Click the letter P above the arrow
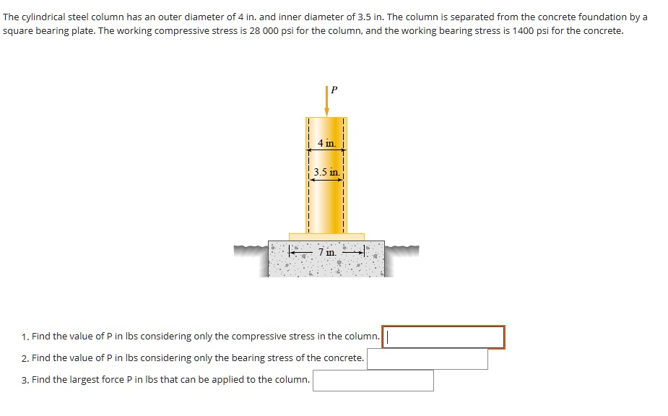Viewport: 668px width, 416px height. click(x=333, y=90)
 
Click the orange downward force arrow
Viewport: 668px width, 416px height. click(x=326, y=101)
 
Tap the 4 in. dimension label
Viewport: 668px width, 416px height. click(x=326, y=144)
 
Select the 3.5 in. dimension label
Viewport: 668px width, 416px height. click(x=326, y=173)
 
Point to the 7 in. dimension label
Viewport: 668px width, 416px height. click(x=326, y=252)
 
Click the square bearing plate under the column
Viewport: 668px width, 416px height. click(x=326, y=236)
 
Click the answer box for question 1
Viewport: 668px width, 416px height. click(x=443, y=337)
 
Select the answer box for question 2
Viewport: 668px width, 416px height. click(x=427, y=358)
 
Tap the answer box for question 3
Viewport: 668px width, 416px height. click(x=373, y=380)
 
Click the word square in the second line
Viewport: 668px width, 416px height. click(x=18, y=31)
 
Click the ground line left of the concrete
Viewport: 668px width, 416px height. click(x=251, y=250)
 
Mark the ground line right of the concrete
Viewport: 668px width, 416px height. click(x=402, y=250)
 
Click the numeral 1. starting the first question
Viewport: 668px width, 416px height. click(x=25, y=337)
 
